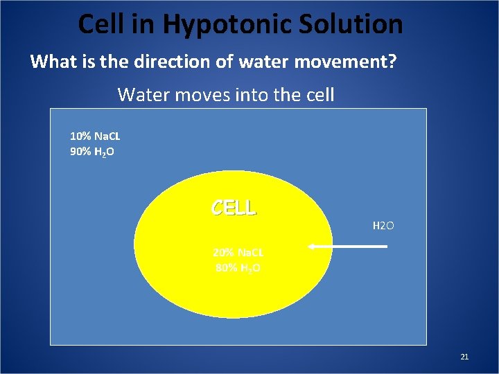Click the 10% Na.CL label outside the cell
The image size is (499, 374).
click(x=95, y=136)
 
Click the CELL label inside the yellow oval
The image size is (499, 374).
click(x=234, y=207)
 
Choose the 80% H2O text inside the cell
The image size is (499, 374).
click(x=236, y=267)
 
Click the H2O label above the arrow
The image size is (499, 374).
click(x=383, y=226)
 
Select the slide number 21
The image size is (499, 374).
click(x=464, y=357)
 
